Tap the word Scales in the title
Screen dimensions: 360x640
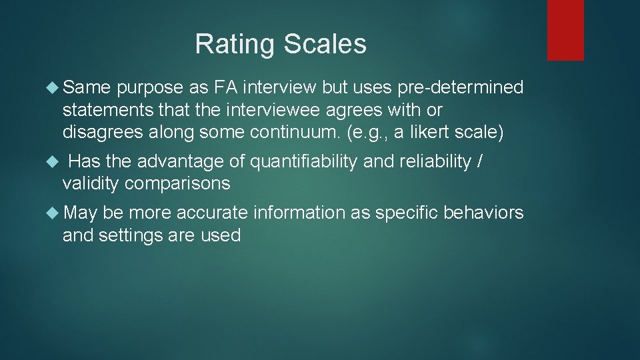point(325,45)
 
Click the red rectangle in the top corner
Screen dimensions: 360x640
point(565,30)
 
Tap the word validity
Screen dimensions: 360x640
point(91,184)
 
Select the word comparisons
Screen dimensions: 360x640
point(177,184)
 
